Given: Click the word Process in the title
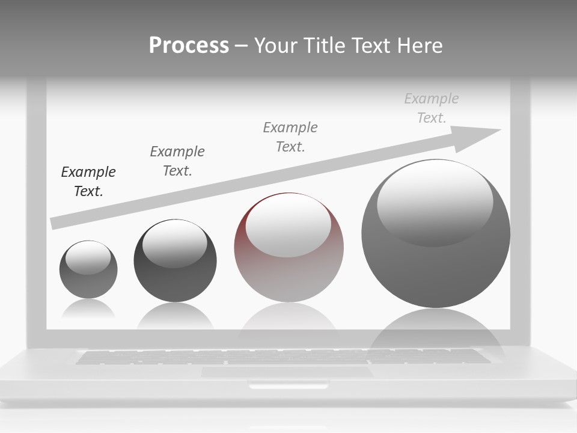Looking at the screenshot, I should [x=189, y=46].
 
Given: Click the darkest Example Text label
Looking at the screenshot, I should [x=88, y=182].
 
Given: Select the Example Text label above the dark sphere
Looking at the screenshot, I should [x=177, y=161].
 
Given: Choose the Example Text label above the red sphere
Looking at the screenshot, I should [x=290, y=137].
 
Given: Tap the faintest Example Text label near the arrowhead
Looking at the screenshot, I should [x=432, y=108].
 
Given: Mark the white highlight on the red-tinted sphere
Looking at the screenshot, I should [x=288, y=226].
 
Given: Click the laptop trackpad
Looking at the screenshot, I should [x=287, y=372].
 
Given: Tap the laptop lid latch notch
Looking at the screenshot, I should [x=288, y=385].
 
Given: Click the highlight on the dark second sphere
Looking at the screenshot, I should [x=174, y=244].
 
